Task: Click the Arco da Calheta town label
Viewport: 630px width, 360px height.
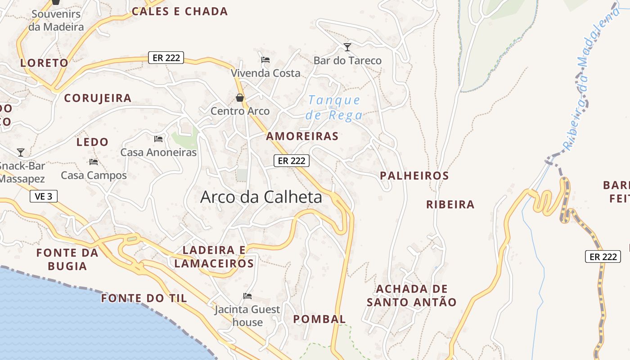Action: pos(261,197)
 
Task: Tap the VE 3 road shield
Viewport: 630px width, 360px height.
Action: pos(44,196)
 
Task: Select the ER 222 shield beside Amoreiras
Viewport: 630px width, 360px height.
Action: pos(291,161)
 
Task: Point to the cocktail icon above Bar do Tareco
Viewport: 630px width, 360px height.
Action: pos(347,47)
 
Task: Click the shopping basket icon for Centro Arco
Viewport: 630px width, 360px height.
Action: pos(240,98)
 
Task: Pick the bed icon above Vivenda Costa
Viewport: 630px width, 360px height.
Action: pos(265,59)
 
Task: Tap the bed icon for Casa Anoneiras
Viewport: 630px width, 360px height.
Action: pos(158,139)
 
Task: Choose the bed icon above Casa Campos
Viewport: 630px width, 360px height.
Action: pos(94,162)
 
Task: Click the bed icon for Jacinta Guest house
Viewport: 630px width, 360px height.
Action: pos(247,296)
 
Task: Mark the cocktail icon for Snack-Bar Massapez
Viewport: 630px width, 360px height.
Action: pos(21,152)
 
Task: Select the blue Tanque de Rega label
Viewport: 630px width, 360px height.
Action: pos(334,108)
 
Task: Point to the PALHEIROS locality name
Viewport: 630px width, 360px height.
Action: pos(414,175)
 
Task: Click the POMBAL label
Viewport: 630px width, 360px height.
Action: pos(319,319)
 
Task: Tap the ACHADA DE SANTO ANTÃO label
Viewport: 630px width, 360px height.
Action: pos(411,295)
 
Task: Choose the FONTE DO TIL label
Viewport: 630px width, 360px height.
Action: pos(144,298)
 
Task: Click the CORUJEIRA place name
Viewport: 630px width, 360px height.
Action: pos(98,98)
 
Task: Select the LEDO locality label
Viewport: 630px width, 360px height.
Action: pos(92,142)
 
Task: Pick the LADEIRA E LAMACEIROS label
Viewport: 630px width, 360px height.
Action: pos(214,256)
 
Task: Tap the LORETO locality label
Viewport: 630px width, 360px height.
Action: pos(44,63)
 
